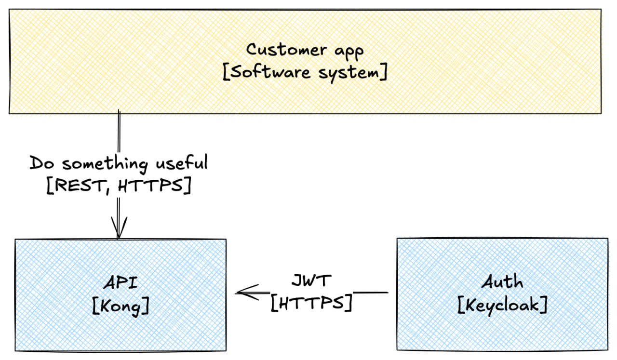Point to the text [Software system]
[x=305, y=73]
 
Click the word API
[x=121, y=282]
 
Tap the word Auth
[x=502, y=281]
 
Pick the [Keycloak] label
[x=502, y=305]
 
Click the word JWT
[x=312, y=280]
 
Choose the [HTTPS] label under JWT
[x=311, y=303]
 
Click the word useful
[x=181, y=163]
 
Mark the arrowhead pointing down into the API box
[x=119, y=228]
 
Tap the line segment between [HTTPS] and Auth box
[x=371, y=292]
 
